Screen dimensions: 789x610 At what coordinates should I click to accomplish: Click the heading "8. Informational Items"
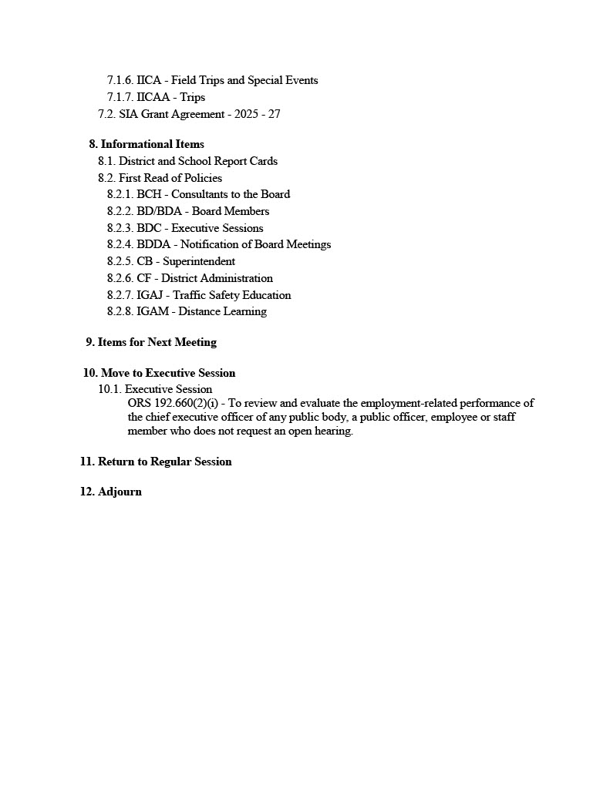pos(147,144)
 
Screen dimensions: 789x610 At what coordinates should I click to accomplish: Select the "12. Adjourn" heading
pos(111,492)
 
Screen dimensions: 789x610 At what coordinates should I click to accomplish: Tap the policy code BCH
pos(149,194)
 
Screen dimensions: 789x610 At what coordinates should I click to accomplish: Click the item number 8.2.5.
pos(120,261)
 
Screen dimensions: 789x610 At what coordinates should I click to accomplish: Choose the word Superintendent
pos(199,261)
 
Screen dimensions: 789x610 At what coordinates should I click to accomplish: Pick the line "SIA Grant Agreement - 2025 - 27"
pos(199,114)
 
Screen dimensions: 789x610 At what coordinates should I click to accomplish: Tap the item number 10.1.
pos(110,389)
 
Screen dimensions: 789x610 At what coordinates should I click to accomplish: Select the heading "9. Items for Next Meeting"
pos(151,342)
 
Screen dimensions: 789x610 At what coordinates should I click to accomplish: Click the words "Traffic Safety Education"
pos(232,295)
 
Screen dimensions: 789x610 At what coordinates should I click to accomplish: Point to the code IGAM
pos(153,311)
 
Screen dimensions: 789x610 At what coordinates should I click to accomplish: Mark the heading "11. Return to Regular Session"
pos(156,462)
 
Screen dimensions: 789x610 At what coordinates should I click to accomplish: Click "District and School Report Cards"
pos(198,161)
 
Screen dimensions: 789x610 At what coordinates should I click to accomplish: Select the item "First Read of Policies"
pos(170,178)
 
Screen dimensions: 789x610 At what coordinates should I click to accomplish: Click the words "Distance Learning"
pos(223,311)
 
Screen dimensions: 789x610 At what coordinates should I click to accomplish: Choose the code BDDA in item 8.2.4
pos(153,244)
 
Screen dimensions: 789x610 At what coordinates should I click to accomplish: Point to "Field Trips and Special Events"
pos(244,80)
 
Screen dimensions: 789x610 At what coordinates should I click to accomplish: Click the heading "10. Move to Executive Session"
pos(160,373)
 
